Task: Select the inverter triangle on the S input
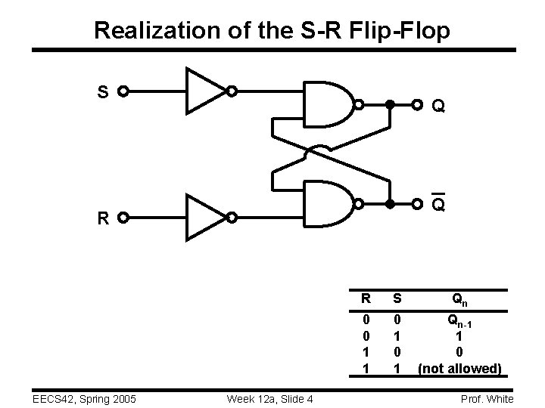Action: click(x=205, y=92)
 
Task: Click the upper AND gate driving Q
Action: click(x=329, y=104)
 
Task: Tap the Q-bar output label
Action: click(x=438, y=205)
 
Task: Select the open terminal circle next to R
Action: click(x=122, y=219)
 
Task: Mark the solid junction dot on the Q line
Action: click(x=390, y=104)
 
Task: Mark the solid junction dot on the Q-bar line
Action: click(x=390, y=204)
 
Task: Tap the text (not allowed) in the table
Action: click(x=460, y=369)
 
